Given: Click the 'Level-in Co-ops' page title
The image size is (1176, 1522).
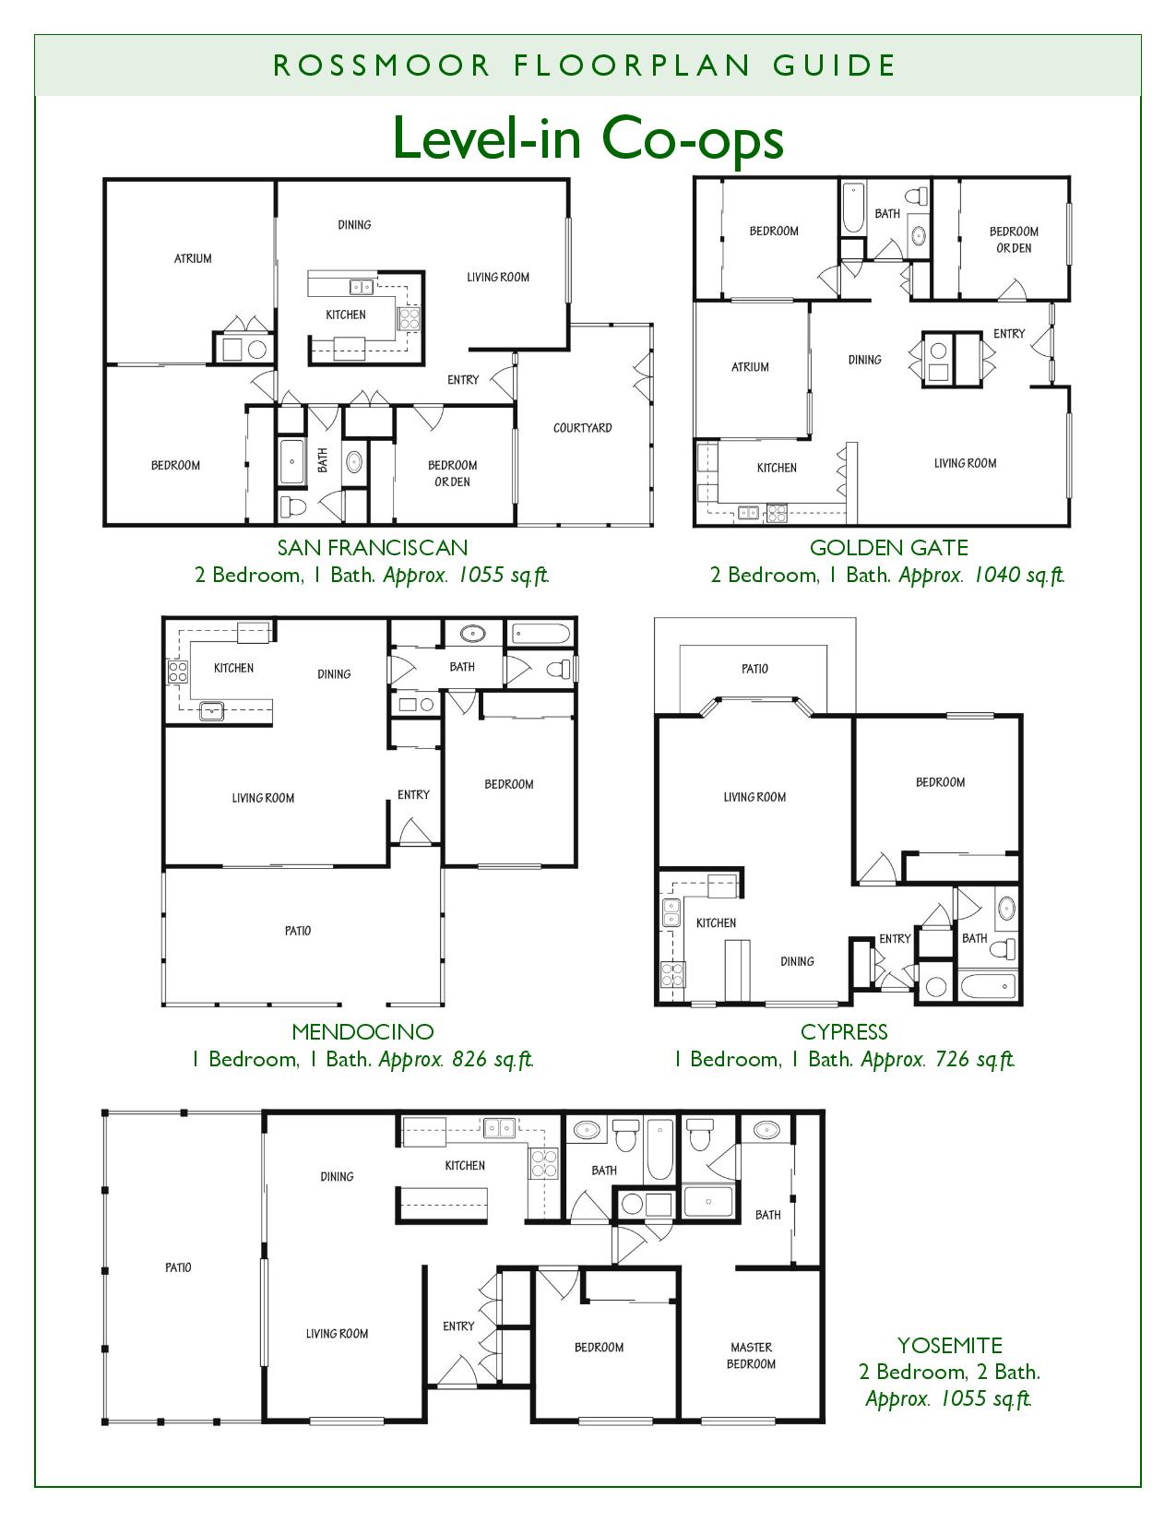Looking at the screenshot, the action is pos(588,138).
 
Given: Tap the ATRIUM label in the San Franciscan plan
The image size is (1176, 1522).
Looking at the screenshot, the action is pos(193,258).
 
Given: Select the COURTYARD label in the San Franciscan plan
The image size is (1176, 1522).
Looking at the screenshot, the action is pos(582,427).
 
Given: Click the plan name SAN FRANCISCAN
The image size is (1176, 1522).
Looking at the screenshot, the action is pos(373,548).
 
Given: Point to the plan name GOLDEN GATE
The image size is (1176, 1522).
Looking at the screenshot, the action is pos(889,548).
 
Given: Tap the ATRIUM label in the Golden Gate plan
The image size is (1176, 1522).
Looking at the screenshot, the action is pos(750,367).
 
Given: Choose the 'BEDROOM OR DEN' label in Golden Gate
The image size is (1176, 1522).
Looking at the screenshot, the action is pos(1014,240).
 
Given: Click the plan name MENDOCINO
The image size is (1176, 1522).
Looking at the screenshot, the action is pos(362,1031).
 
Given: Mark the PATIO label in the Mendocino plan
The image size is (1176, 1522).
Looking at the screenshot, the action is pos(298,931).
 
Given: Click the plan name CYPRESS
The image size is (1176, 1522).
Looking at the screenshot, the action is pos(844,1031).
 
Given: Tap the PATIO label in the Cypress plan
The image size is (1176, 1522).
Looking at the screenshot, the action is pos(754,669).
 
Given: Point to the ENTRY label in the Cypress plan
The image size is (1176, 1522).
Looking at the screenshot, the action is pos(895,938).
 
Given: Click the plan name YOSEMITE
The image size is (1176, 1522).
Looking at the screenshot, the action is pos(950,1346).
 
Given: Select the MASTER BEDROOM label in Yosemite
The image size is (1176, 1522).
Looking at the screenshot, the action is pos(751,1355).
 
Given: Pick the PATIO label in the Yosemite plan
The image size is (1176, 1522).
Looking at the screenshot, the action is pos(178,1267).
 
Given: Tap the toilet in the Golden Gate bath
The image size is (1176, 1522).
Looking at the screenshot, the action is pos(916,196).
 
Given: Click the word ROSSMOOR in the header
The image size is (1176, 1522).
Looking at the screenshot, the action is pos(382,65).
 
